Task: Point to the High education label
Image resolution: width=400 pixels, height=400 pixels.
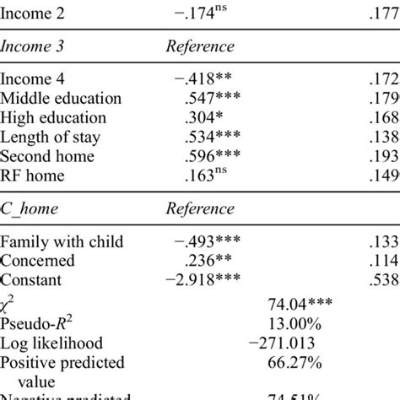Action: (x=53, y=119)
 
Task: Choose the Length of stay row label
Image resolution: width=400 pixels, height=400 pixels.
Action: (x=50, y=138)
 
